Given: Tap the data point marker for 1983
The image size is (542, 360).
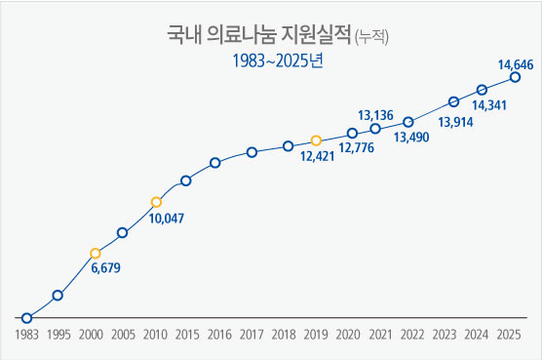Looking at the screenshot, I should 26,318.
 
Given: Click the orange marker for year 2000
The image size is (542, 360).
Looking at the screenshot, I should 95,254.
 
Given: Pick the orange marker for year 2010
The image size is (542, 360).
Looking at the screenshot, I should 156,202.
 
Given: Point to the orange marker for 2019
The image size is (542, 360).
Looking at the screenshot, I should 316,140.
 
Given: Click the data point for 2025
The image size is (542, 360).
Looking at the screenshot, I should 515,78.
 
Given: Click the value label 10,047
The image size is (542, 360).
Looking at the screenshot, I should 168,219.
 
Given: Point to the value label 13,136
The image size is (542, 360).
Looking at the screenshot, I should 375,115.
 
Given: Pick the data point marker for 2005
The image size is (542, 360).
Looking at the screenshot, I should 123,232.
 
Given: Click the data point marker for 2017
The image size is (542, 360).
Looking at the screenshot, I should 252,151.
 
